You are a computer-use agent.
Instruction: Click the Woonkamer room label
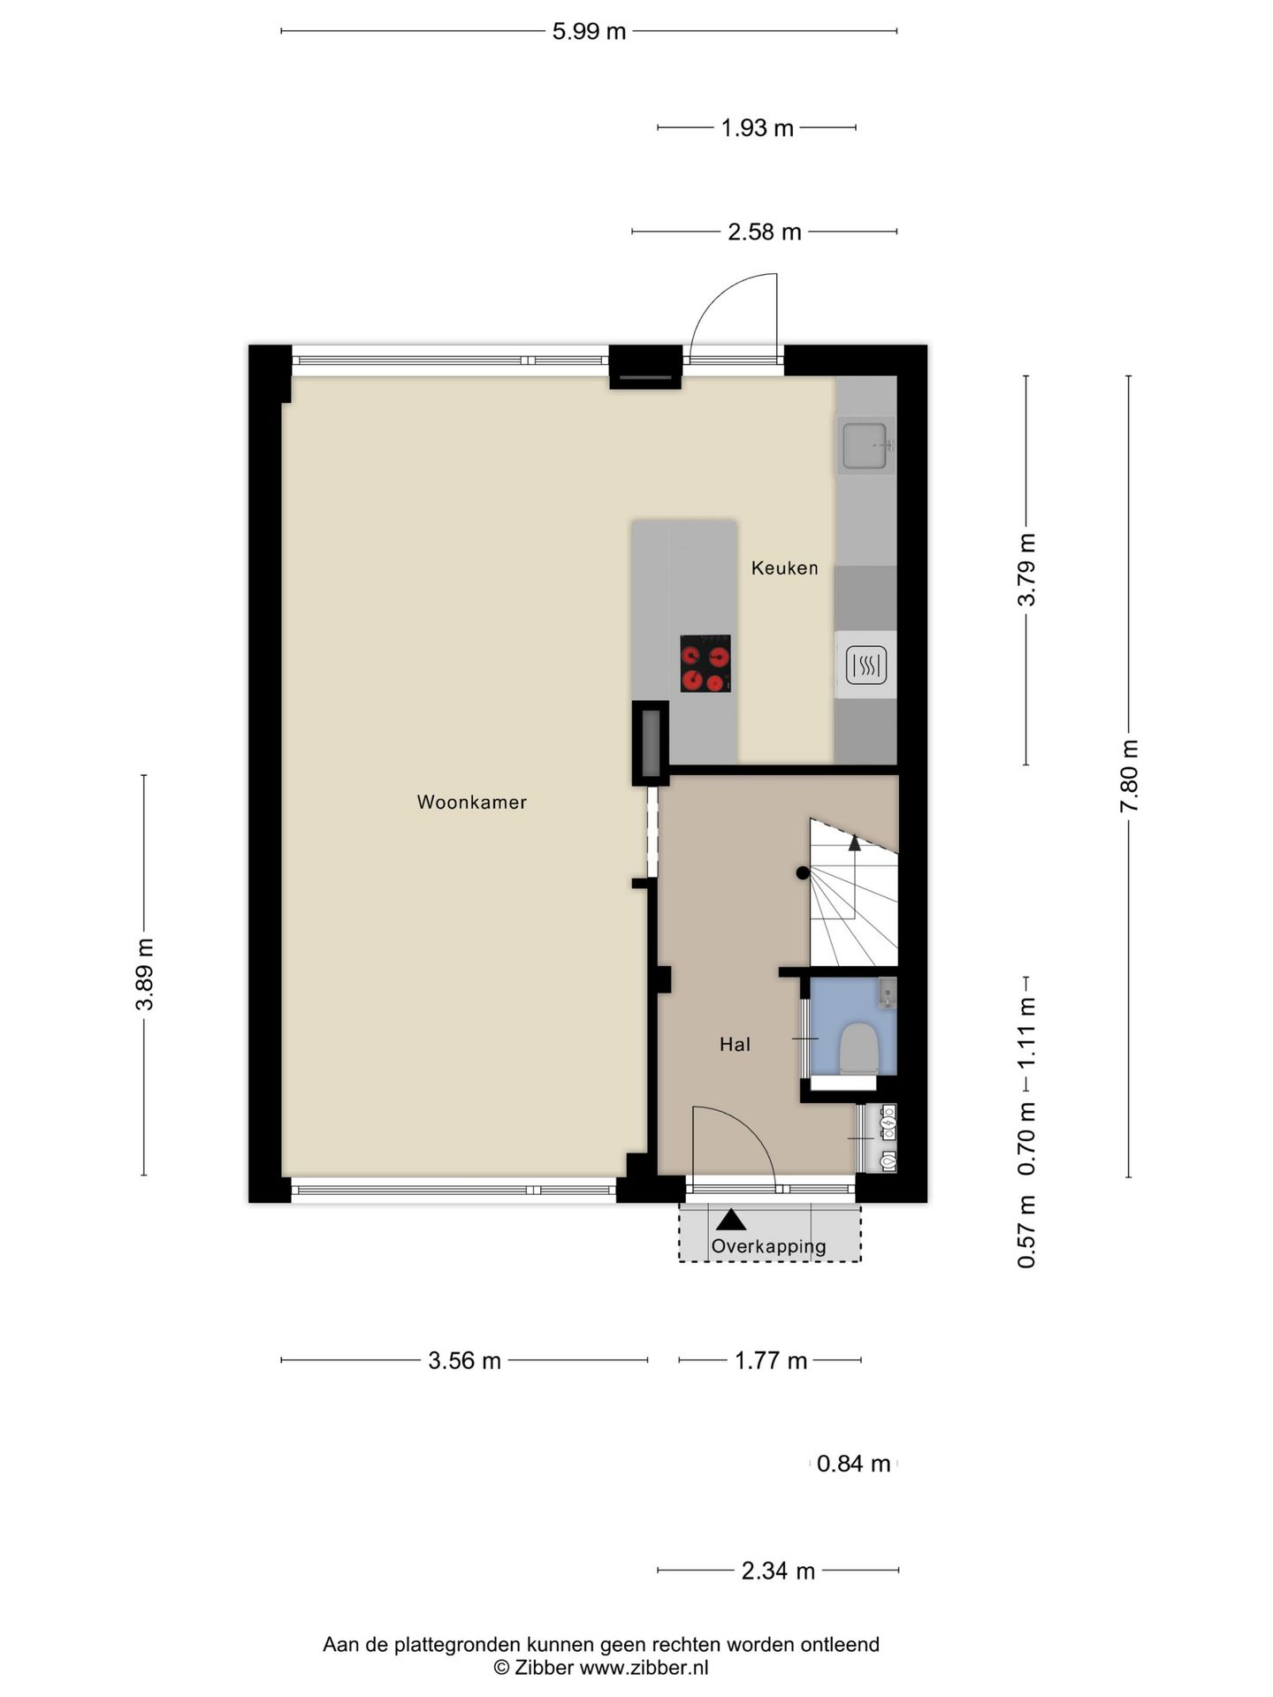click(x=471, y=803)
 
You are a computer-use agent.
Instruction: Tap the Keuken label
click(x=784, y=567)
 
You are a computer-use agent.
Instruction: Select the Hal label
click(x=735, y=1045)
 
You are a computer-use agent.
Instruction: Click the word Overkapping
click(x=768, y=1246)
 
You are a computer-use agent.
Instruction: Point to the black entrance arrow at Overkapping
click(x=731, y=1220)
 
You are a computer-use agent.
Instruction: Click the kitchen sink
click(x=865, y=445)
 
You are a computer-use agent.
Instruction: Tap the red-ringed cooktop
click(x=705, y=663)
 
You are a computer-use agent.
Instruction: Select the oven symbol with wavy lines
click(x=865, y=665)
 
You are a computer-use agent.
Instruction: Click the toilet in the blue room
click(x=857, y=1048)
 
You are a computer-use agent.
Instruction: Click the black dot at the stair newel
click(x=802, y=873)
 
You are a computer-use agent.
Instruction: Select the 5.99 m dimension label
click(x=589, y=32)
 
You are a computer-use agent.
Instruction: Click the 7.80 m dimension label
click(x=1129, y=776)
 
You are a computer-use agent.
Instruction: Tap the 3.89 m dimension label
click(x=145, y=975)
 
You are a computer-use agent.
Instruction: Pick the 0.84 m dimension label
click(x=853, y=1464)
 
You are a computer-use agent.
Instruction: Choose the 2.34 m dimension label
click(x=778, y=1571)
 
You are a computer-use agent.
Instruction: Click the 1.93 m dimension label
click(x=757, y=128)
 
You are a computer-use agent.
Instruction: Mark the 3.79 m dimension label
click(x=1026, y=570)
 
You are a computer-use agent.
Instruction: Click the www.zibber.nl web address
click(x=644, y=1668)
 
